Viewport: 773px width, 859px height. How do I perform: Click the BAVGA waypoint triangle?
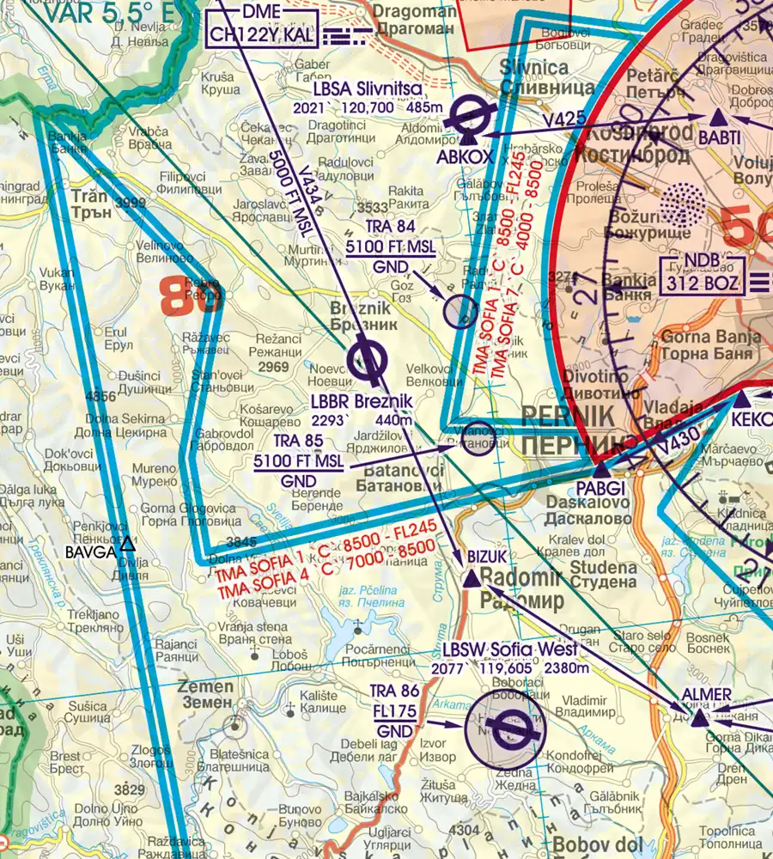tap(128, 543)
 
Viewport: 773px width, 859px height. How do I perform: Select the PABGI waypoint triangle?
tap(601, 470)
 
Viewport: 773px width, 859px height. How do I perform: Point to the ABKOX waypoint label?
tap(465, 156)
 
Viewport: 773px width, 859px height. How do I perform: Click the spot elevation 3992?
tap(131, 204)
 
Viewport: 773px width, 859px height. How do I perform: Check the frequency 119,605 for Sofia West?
tap(506, 668)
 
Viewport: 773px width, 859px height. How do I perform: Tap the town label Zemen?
tap(205, 686)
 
